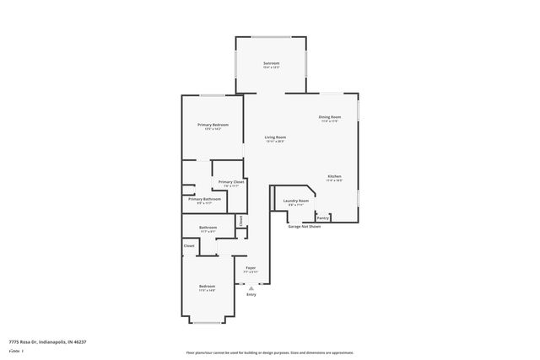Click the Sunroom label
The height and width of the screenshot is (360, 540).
271,64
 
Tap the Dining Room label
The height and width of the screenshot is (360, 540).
329,117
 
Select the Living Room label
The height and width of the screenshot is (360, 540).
275,137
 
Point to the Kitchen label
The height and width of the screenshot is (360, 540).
335,176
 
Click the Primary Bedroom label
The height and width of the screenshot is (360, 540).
213,125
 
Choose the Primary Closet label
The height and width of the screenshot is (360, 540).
231,182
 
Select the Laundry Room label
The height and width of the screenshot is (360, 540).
296,201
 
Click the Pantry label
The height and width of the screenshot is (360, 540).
323,218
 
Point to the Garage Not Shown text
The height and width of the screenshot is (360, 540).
305,226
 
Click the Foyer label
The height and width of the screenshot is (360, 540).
250,270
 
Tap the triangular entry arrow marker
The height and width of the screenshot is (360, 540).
251,287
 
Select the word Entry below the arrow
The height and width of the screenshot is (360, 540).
251,294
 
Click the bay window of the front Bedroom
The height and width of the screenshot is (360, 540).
208,321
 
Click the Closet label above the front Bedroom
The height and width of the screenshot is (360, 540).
189,245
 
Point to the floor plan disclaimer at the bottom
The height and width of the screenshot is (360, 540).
270,352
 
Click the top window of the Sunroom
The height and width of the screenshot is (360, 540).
271,36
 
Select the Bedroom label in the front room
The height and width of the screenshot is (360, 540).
208,287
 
